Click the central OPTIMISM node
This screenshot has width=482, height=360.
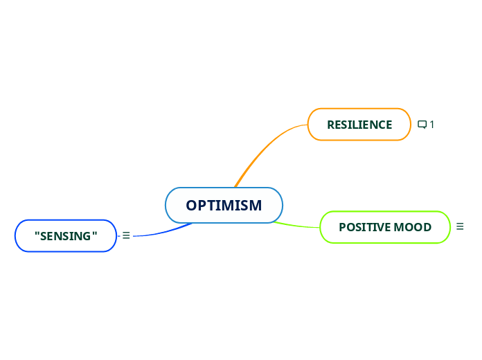(224, 206)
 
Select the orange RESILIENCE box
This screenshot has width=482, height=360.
(359, 125)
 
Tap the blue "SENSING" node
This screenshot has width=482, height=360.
(66, 236)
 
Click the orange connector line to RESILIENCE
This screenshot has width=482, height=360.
(263, 149)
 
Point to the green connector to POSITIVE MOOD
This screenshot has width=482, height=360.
(298, 225)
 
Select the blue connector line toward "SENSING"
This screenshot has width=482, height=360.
(163, 232)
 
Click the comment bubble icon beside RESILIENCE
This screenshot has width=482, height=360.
(422, 125)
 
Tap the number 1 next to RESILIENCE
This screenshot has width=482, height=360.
(432, 125)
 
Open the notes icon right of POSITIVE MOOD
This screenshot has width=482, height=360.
(461, 226)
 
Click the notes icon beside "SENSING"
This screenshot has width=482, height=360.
(126, 236)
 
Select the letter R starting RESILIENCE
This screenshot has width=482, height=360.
(330, 125)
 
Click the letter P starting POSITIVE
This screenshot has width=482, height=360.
(342, 227)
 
